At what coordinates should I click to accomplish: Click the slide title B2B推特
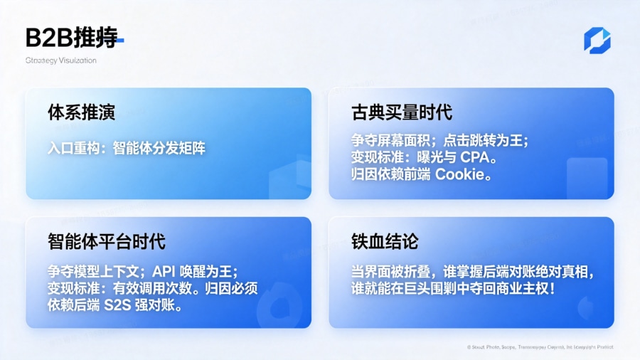pyautogui.click(x=71, y=38)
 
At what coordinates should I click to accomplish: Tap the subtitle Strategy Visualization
pyautogui.click(x=60, y=60)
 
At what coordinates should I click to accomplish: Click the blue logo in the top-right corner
pyautogui.click(x=597, y=41)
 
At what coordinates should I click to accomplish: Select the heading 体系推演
pyautogui.click(x=82, y=112)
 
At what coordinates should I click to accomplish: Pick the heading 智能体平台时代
pyautogui.click(x=107, y=241)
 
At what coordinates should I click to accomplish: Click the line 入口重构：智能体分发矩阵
pyautogui.click(x=127, y=148)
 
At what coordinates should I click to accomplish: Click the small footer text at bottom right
pyautogui.click(x=540, y=347)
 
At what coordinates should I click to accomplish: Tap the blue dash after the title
pyautogui.click(x=121, y=41)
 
